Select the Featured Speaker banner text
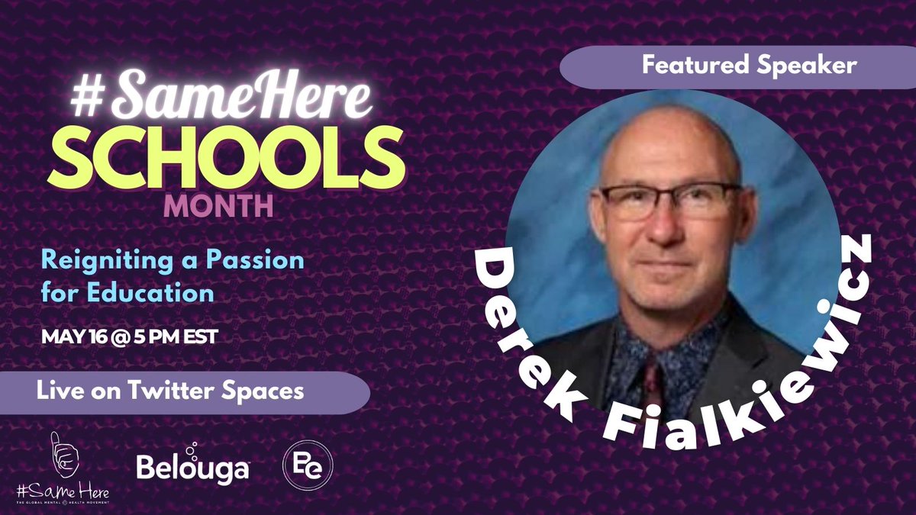[737, 66]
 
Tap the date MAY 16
[74, 336]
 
